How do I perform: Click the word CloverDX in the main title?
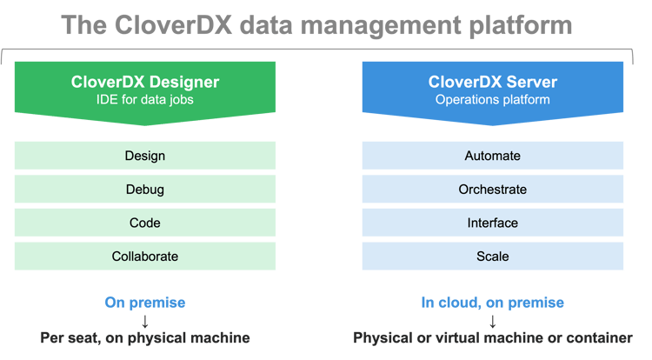173,25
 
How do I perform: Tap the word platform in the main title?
521,27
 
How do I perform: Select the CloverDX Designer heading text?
145,82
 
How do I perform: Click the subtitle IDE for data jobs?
145,100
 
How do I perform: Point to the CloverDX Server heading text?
493,82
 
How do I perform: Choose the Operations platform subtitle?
493,100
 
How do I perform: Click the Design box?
145,156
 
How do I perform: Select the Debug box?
145,190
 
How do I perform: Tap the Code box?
145,223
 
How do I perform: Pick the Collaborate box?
145,256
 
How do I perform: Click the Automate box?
493,156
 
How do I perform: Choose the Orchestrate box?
493,190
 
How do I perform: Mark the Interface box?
493,223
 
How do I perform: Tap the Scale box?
493,256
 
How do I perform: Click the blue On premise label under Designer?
145,303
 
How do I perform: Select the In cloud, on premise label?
493,303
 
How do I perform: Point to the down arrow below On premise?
145,322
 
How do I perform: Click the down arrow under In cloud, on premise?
493,322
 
